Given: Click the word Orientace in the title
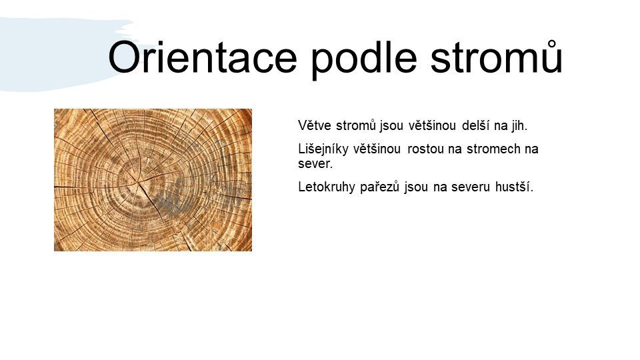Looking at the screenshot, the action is click(203, 57).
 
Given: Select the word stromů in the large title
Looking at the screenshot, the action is click(497, 57).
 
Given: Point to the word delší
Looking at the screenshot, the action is click(476, 125).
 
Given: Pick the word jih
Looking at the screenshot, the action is click(519, 125).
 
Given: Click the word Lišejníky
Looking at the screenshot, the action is click(323, 149).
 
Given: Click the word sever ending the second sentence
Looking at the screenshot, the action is click(315, 164).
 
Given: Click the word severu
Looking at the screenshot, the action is click(470, 188).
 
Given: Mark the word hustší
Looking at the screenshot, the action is click(514, 187).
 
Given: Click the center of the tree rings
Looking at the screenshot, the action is click(140, 182).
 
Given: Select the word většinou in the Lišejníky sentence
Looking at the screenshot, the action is click(377, 149).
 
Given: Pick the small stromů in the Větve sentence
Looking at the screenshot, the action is click(355, 125).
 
